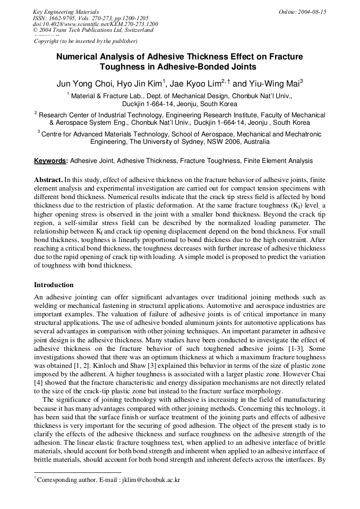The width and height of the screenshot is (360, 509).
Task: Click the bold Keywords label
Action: tap(50, 161)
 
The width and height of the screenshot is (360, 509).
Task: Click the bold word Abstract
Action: tap(48, 180)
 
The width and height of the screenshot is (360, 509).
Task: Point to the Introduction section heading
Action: tap(54, 285)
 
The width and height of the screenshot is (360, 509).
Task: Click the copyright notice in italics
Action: tap(85, 41)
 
